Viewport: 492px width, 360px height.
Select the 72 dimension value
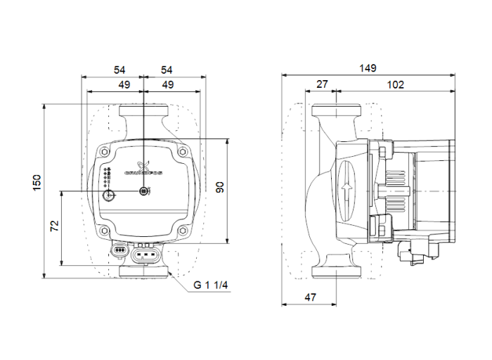(54, 226)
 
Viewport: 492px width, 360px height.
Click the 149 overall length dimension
(368, 68)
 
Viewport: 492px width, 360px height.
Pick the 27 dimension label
(322, 84)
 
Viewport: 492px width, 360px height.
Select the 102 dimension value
(396, 84)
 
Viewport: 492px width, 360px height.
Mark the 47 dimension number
(311, 298)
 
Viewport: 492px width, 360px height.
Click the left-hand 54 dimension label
(119, 70)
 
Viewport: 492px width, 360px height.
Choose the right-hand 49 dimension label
(169, 84)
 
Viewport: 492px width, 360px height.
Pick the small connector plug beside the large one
(119, 249)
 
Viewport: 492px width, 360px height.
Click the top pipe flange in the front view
(143, 112)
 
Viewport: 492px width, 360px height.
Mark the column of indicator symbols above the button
(108, 178)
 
